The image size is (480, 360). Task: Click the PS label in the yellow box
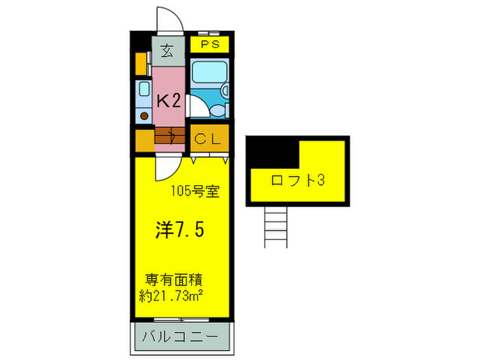click(x=210, y=45)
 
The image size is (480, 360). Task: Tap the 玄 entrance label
click(x=167, y=50)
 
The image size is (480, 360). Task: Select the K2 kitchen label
click(x=168, y=101)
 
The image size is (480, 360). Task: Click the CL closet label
click(x=208, y=139)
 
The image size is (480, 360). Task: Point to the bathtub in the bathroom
click(x=210, y=76)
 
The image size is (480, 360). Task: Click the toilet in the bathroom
click(x=218, y=110)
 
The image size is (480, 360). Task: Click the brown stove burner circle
click(x=143, y=116)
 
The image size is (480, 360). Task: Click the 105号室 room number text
click(x=195, y=191)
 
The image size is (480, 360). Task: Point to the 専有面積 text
click(x=176, y=280)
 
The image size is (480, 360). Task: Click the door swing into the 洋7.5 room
click(x=165, y=167)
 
